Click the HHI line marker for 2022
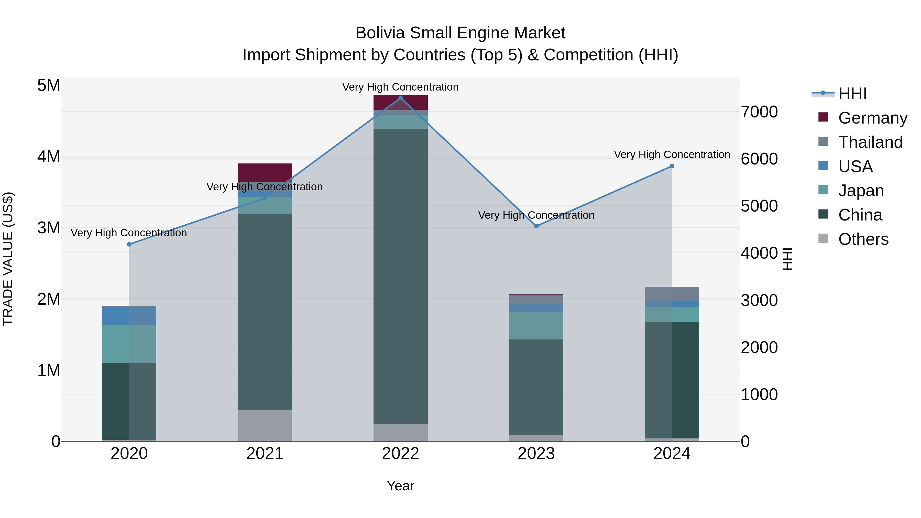coord(400,98)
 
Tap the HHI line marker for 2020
coord(129,244)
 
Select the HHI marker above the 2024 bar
coord(672,166)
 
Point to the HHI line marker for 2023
coord(536,226)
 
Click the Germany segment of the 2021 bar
coord(265,172)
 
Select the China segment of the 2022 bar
coord(400,275)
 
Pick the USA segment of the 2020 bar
coord(129,315)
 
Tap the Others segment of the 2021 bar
coord(265,425)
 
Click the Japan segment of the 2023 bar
coord(536,325)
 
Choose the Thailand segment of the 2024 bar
coord(672,294)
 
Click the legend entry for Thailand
coord(870,142)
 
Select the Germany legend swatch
coord(823,117)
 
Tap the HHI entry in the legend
coord(852,94)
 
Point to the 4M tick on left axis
coord(49,157)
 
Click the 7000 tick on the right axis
coord(759,112)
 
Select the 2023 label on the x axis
coord(536,454)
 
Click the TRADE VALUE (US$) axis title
coord(8,259)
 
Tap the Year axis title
coord(400,486)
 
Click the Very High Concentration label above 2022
coord(400,87)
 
